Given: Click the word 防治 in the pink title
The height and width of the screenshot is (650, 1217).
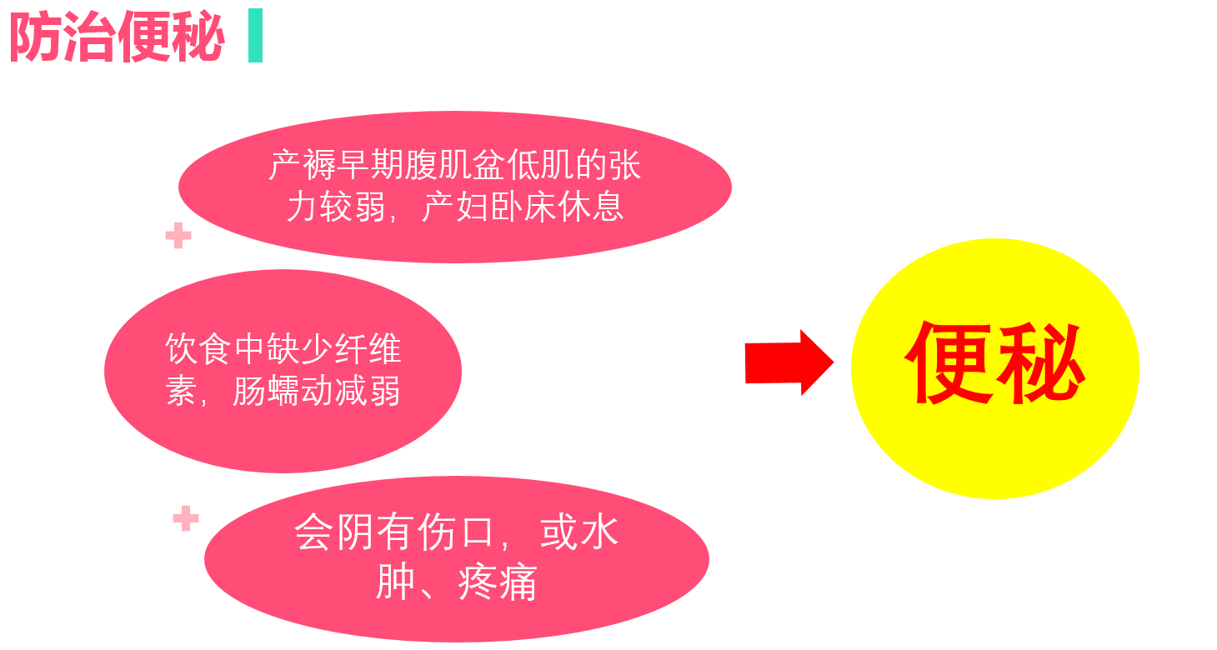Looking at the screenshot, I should (63, 38).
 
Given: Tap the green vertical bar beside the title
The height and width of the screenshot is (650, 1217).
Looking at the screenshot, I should (255, 35).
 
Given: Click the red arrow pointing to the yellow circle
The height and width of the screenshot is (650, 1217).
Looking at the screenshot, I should (789, 362).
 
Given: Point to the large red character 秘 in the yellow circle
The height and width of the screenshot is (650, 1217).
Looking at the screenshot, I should (1041, 363).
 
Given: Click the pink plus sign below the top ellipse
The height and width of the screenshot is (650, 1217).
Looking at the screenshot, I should (178, 237).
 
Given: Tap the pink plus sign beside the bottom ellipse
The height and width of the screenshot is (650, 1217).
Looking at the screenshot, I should (186, 518).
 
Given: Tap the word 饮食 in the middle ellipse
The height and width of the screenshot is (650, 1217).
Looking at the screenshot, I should (198, 349).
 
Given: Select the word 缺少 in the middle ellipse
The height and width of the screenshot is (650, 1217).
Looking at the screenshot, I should (299, 349).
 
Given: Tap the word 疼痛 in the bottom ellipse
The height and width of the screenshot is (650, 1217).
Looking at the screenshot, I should (497, 582).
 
